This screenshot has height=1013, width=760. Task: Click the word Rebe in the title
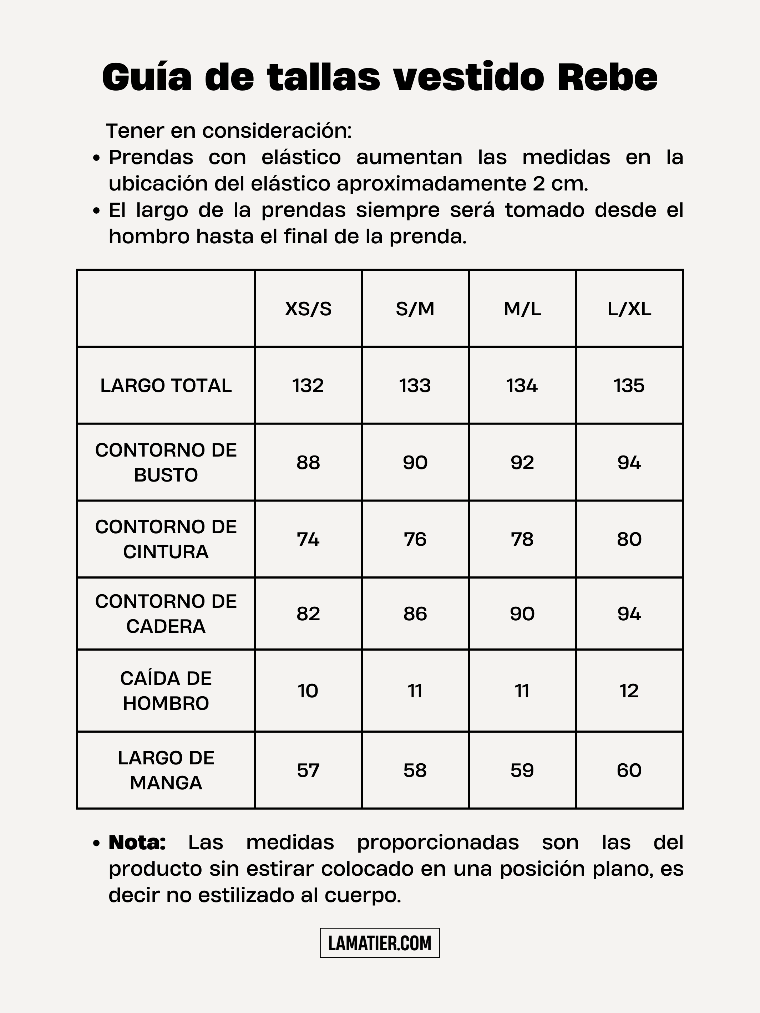pos(607,77)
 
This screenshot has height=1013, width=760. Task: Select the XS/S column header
pos(308,309)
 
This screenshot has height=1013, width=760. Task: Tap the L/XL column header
pos(629,309)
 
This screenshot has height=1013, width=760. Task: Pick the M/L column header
pos(522,309)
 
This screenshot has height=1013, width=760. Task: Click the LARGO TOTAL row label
pos(166,386)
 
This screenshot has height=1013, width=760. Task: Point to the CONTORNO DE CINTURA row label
pos(166,539)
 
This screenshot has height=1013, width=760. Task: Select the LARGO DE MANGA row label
pos(166,770)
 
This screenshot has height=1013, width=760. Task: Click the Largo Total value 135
pos(629,386)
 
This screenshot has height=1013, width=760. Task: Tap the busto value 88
pos(308,463)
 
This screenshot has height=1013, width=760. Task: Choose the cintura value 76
pos(415,539)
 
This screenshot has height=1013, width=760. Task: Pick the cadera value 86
pos(415,614)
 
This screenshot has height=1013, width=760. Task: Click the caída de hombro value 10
pos(308,691)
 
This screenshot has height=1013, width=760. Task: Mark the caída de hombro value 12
pos(629,691)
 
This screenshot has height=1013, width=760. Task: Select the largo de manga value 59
pos(522,770)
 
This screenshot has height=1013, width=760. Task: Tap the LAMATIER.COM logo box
pos(380,943)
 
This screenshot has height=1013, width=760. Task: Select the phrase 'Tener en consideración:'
pos(229,131)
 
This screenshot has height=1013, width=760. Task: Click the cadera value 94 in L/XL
pos(629,614)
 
